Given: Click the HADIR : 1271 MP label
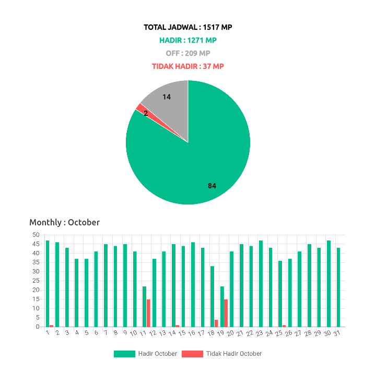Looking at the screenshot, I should (188, 40).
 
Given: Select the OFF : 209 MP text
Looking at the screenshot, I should (188, 53).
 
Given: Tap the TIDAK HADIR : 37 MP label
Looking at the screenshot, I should (188, 66).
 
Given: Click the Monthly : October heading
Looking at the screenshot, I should (64, 222).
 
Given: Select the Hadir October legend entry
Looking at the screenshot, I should (146, 354).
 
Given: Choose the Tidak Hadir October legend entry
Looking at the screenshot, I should (221, 354).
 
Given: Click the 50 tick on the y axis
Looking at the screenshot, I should (36, 235).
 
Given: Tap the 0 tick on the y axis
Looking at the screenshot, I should (38, 327).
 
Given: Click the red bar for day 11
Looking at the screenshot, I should (149, 313).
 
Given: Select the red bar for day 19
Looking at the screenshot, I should (226, 313).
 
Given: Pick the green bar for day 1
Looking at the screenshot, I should (48, 284).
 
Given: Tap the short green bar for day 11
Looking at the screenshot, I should (145, 307).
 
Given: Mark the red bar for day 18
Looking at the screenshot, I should (216, 323).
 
